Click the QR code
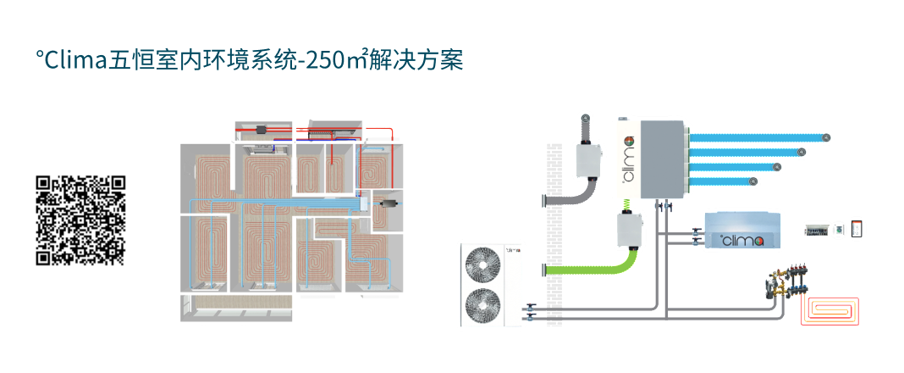point(80,220)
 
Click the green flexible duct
point(594,265)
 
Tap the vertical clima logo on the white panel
point(628,158)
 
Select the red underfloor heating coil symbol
point(830,312)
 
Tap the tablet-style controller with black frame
point(857,229)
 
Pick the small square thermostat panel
point(839,230)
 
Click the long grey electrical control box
point(817,231)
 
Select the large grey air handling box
point(662,159)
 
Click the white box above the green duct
point(630,230)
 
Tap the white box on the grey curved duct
point(589,159)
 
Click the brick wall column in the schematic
point(554,234)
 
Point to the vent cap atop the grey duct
point(586,119)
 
